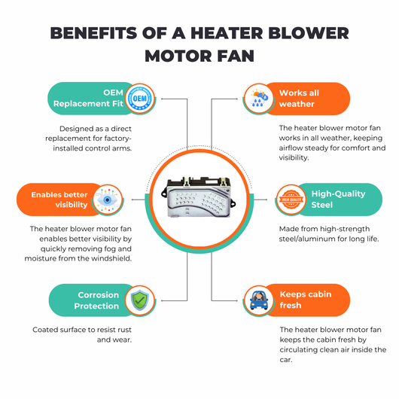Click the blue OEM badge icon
click(140, 98)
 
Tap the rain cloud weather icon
click(259, 98)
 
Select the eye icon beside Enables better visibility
click(108, 200)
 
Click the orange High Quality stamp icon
click(291, 200)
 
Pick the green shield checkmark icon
click(140, 300)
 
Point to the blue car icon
click(259, 300)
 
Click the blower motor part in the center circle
click(199, 197)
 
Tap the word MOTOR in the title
click(178, 56)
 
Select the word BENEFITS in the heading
click(93, 33)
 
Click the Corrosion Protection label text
click(96, 300)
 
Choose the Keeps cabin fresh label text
click(306, 300)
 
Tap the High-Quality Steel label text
click(339, 200)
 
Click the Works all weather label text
click(300, 98)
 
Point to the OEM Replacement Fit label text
click(88, 98)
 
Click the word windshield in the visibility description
click(111, 258)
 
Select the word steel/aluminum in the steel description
click(308, 239)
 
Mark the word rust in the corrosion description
click(125, 330)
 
